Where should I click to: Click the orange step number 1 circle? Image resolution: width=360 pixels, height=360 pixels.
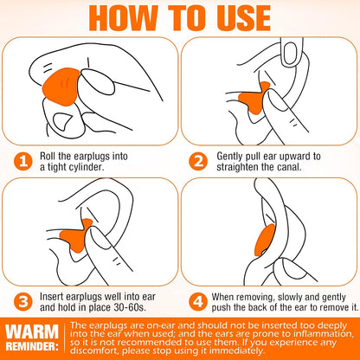(x=23, y=161)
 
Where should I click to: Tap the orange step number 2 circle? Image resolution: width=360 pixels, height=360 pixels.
(x=198, y=161)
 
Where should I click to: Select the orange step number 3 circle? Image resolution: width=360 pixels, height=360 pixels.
(x=23, y=302)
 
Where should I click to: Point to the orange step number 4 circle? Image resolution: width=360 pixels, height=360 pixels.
(x=198, y=302)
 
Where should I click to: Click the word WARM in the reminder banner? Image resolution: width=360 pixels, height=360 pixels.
(x=32, y=331)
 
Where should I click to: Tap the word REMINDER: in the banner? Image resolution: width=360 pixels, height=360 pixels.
(x=32, y=346)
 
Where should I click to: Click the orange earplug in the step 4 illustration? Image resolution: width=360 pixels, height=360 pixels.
(x=265, y=240)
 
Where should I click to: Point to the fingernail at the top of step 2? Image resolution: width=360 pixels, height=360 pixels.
(x=291, y=54)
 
